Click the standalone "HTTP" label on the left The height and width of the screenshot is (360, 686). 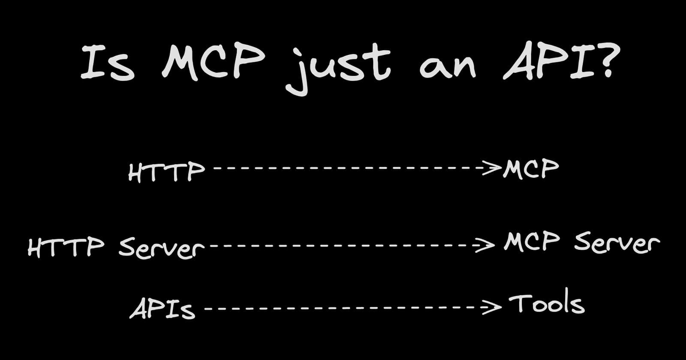point(166,172)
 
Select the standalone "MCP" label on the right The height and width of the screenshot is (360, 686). point(531,169)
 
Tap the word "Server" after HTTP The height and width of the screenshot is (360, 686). point(161,248)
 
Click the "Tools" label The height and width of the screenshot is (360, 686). point(547,304)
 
